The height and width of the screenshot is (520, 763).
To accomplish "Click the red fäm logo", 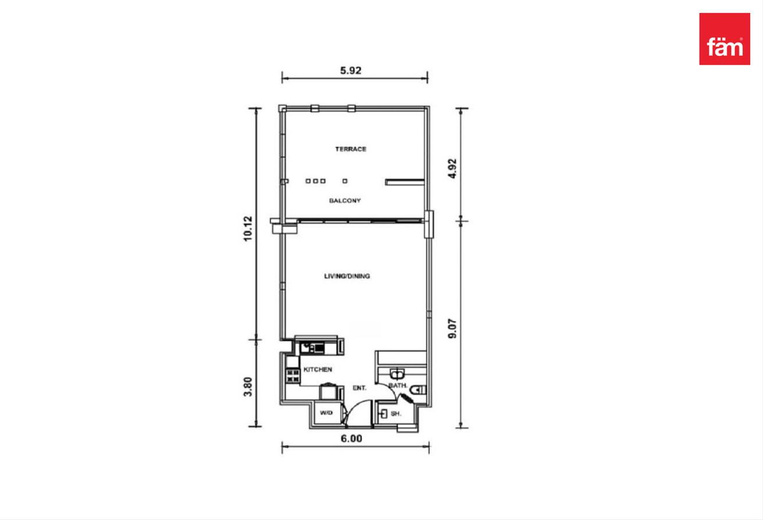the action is click(725, 39).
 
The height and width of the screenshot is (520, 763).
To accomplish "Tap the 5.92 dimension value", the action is click(351, 70).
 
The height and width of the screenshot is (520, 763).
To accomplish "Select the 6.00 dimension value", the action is click(351, 439).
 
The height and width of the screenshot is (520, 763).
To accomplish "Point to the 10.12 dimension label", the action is click(248, 229).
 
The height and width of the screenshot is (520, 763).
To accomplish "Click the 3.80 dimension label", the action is click(248, 387).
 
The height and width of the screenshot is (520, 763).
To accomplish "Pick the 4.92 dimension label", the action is click(452, 169).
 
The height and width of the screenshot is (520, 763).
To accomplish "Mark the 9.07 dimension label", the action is click(452, 329).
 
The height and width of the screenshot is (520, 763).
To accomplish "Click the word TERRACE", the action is click(351, 149).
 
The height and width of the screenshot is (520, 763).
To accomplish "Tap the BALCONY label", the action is click(345, 201).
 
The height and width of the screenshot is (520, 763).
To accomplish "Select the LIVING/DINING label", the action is click(347, 276).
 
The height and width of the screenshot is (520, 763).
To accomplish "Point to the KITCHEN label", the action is click(318, 369).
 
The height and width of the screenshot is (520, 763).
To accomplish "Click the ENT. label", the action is click(359, 388).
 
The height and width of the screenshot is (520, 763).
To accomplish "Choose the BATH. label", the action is click(398, 386).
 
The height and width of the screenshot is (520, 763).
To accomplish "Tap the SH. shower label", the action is click(396, 414).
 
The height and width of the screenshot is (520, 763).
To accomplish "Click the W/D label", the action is click(326, 412).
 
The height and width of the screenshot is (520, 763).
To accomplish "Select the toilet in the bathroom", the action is click(418, 390).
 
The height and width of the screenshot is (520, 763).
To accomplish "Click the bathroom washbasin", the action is click(397, 374).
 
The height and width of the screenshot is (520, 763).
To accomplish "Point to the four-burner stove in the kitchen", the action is click(293, 376).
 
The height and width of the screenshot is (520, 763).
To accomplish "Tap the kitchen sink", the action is click(312, 348).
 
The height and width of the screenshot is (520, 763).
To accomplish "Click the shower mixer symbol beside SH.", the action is click(384, 414).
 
